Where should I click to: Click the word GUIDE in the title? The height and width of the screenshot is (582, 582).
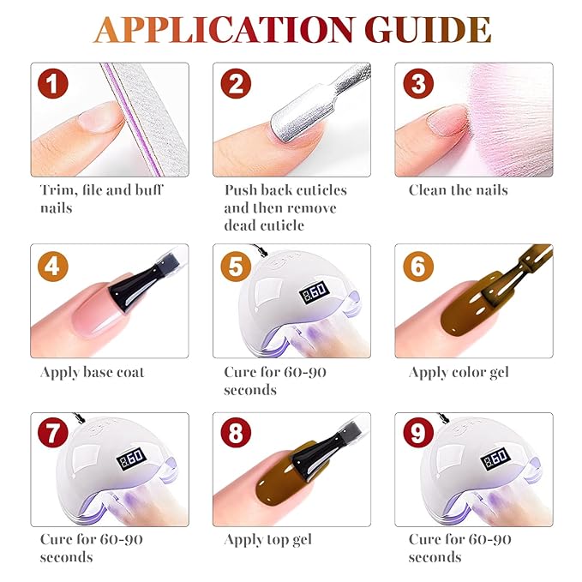click(x=428, y=30)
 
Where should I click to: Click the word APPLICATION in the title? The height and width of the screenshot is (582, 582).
click(x=224, y=30)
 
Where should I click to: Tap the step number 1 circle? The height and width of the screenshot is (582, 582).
click(x=52, y=83)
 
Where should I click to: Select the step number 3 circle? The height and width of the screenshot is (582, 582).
click(x=418, y=83)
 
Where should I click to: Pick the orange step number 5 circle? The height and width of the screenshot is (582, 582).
click(x=236, y=266)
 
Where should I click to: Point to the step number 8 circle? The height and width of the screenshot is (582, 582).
click(x=236, y=433)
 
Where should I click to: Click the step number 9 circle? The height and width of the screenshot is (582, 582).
click(x=418, y=433)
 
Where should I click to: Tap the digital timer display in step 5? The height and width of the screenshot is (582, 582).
click(x=314, y=292)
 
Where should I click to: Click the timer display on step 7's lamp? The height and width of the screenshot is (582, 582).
click(x=131, y=459)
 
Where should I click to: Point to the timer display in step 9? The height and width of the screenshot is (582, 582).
click(x=495, y=459)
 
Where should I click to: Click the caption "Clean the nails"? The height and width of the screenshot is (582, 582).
click(x=458, y=190)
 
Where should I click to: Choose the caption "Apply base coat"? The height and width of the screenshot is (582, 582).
click(x=92, y=373)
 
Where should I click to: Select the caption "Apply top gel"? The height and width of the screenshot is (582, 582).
click(x=268, y=540)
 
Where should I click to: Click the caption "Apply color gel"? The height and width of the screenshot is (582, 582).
click(x=459, y=373)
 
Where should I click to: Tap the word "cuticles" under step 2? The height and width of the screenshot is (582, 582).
click(x=315, y=190)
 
